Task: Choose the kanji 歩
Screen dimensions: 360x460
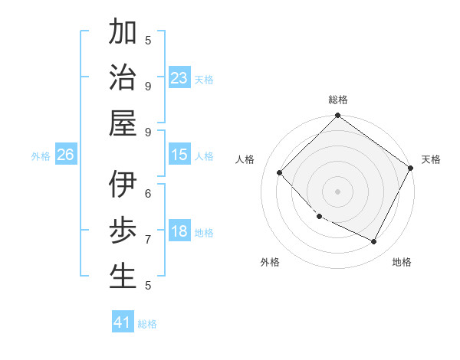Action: (123, 231)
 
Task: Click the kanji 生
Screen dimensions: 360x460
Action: (123, 276)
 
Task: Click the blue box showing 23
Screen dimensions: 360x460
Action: (179, 77)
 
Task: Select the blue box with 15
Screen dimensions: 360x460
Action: (179, 155)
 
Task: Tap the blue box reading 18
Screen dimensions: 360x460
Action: (179, 231)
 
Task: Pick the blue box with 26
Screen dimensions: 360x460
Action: (65, 155)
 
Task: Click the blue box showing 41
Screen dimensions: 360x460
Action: (123, 322)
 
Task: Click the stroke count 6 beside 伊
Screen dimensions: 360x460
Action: (148, 193)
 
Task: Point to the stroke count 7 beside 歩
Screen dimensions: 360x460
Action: (148, 239)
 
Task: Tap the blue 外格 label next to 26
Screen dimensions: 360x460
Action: (41, 155)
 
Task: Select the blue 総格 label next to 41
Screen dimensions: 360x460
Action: (147, 323)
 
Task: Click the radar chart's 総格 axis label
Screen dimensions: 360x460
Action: (337, 100)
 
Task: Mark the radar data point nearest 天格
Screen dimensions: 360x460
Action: (410, 168)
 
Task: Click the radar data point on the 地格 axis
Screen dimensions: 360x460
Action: (374, 242)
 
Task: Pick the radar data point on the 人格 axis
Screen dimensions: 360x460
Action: (280, 172)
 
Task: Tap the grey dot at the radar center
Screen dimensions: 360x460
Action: (337, 191)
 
